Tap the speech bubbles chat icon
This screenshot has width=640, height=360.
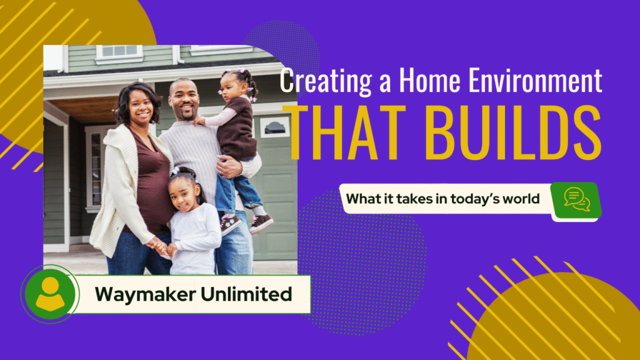coord(576,199)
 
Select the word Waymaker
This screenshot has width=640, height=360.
coord(145,293)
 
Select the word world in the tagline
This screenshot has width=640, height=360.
coord(524,199)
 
